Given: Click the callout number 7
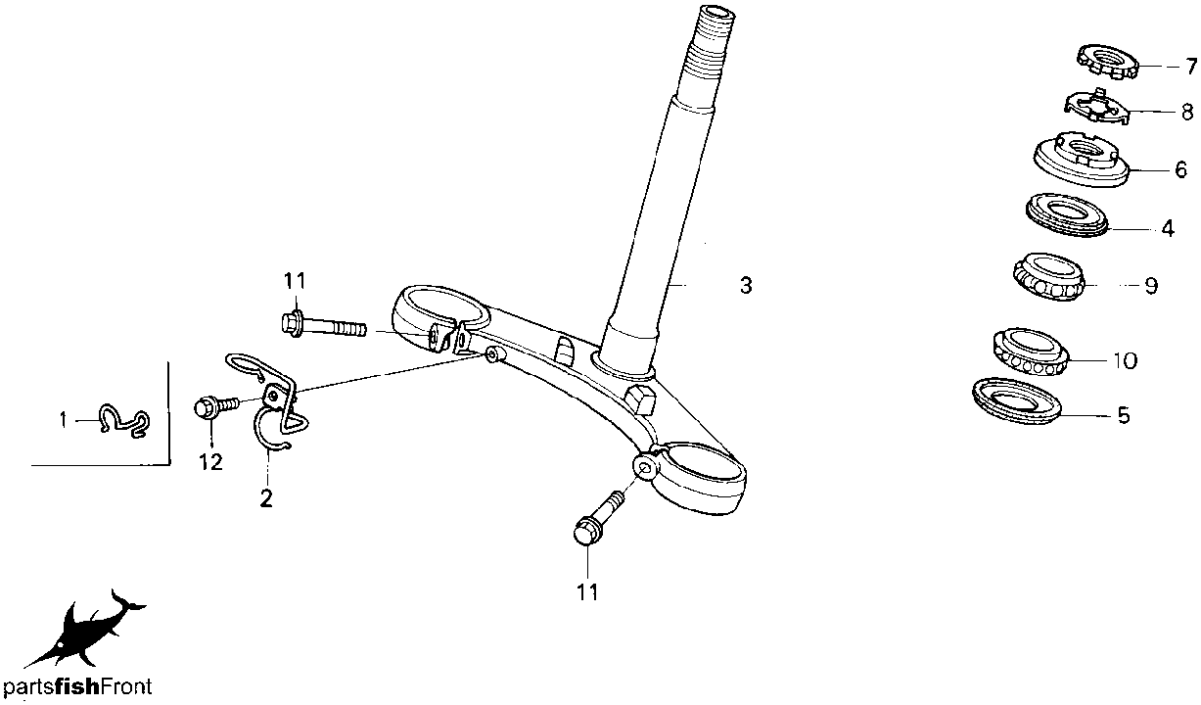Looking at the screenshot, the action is tap(1191, 67).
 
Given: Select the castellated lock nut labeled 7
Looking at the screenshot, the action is tap(1108, 63).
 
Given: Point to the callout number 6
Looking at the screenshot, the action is tap(1181, 169).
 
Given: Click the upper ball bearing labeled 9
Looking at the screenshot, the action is tap(1048, 277).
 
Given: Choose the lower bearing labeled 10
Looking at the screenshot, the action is tap(1031, 352).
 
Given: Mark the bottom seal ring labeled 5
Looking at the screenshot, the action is tap(1017, 401).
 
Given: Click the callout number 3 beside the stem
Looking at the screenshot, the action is tap(746, 286).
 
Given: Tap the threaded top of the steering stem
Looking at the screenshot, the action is tap(710, 53).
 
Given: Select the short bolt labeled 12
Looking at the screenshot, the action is tap(216, 406).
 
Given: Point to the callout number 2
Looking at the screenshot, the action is tap(266, 498).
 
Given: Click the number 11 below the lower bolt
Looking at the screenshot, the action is tap(587, 591).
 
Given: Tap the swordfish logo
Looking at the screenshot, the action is tap(85, 628).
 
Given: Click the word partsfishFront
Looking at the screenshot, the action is tap(77, 686).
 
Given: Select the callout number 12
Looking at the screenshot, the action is tap(210, 461).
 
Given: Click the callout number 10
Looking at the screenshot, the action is tap(1125, 360).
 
